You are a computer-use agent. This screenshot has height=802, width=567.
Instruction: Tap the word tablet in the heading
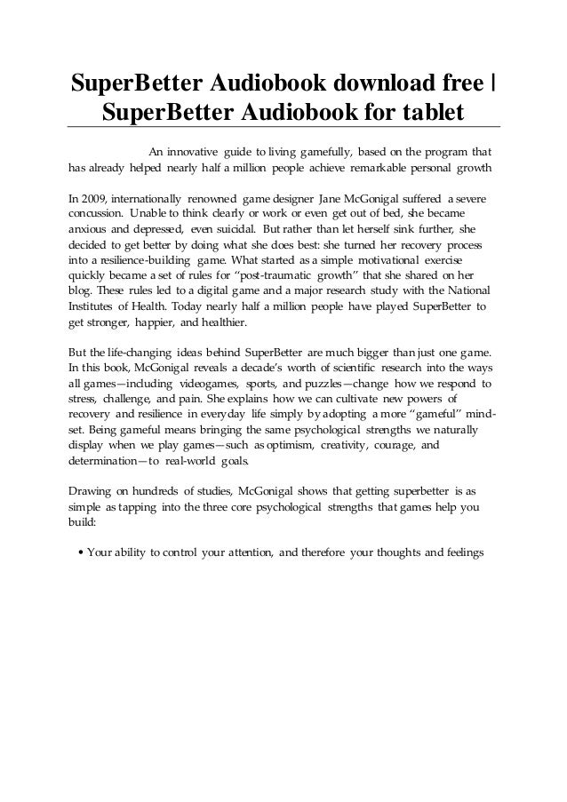click(x=428, y=114)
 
